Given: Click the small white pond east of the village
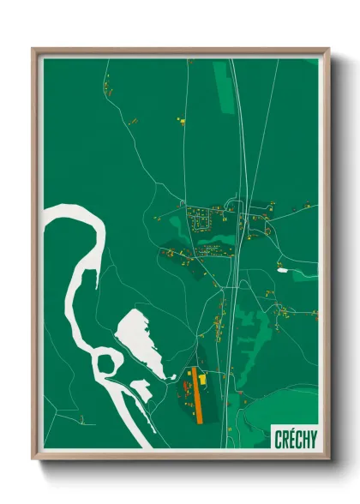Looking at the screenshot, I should tap(282, 270).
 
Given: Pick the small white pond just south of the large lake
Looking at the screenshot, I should tap(141, 391).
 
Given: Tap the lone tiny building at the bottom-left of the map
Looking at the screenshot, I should tap(81, 419).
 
